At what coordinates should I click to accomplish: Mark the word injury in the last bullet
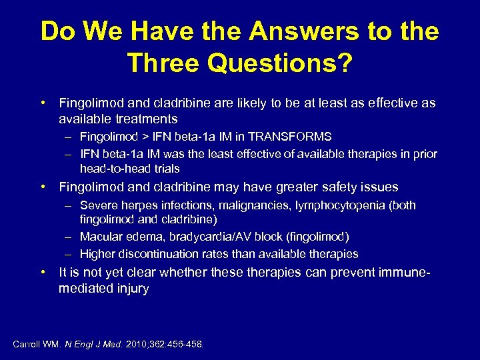coord(131,289)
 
